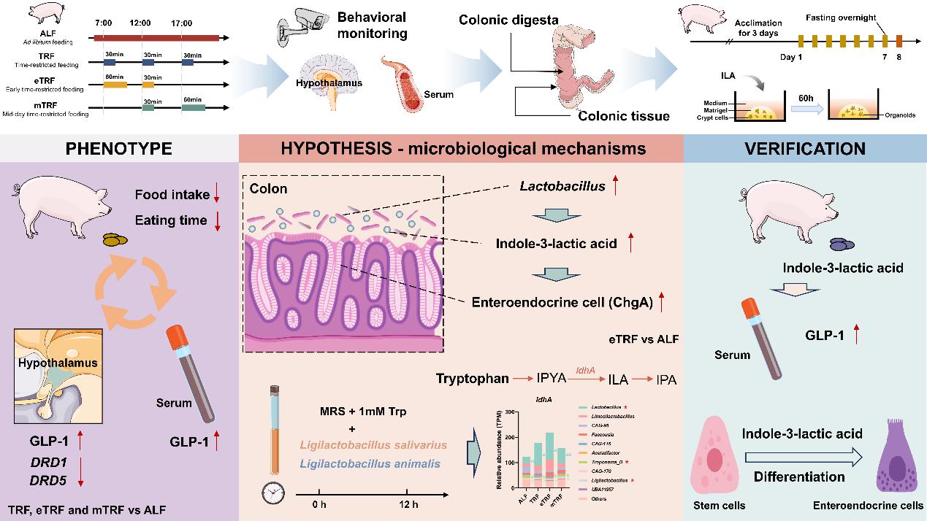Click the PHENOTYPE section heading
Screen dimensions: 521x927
coord(119,149)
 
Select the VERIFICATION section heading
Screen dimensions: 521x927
coord(805,149)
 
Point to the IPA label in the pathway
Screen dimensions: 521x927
coord(666,379)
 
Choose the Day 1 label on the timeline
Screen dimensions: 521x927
coord(790,57)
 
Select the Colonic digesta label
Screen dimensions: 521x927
coord(509,20)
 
